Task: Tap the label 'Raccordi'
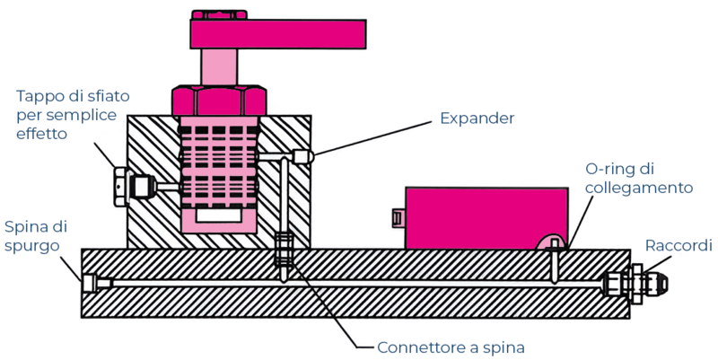pyautogui.click(x=679, y=245)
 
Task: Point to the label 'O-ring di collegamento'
pyautogui.click(x=638, y=178)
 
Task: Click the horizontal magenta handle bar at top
pyautogui.click(x=277, y=33)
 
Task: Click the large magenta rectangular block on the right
pyautogui.click(x=486, y=216)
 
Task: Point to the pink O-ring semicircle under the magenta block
pyautogui.click(x=550, y=243)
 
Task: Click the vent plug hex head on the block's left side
pyautogui.click(x=121, y=187)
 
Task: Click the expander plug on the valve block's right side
pyautogui.click(x=303, y=156)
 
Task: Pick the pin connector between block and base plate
pyautogui.click(x=284, y=250)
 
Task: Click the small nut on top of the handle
pyautogui.click(x=219, y=14)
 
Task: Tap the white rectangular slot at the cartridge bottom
pyautogui.click(x=218, y=216)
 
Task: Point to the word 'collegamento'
pyautogui.click(x=638, y=188)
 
